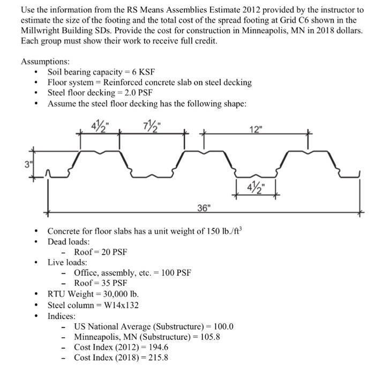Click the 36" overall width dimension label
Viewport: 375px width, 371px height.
click(x=205, y=208)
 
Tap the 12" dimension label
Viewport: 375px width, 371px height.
click(x=257, y=129)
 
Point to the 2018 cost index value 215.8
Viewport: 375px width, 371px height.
click(x=157, y=358)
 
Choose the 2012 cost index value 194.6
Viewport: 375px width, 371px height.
click(x=157, y=347)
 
